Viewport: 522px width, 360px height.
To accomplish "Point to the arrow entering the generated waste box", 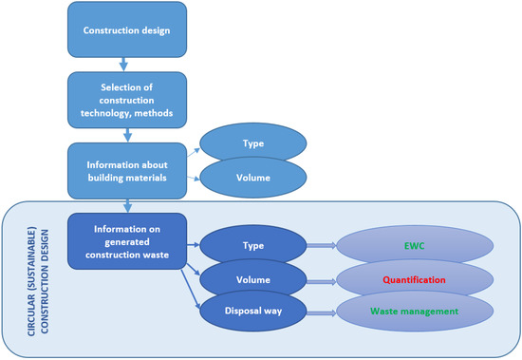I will (125, 204).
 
